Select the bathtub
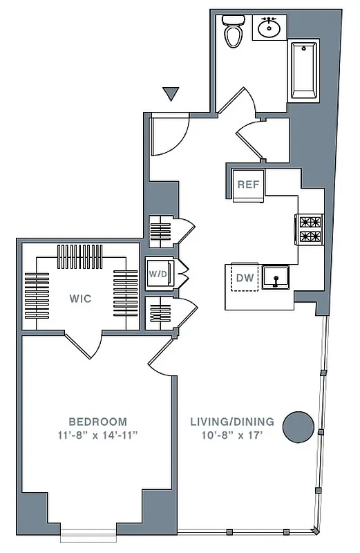pos(303,70)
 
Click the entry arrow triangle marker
pos(171,94)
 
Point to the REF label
pos(247,185)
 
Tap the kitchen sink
pos(277,278)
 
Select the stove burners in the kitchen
pos(310,229)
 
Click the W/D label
pos(157,274)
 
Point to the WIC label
pos(81,299)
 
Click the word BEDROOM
pos(97,422)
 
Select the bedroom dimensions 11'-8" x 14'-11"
pos(97,435)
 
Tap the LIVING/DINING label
pos(232,422)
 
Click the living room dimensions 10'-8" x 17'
pos(232,435)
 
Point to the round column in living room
pos(300,427)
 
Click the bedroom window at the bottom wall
pos(88,533)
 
